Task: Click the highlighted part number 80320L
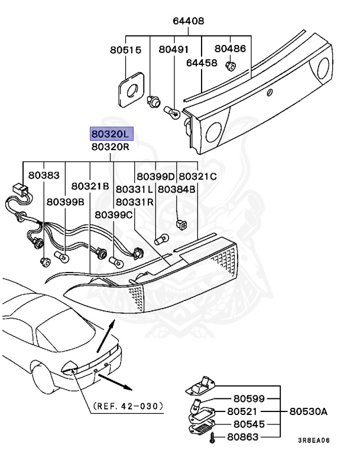tap(111, 134)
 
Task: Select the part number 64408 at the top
tap(189, 21)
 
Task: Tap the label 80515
tap(125, 51)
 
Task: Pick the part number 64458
tap(202, 61)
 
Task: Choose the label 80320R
tap(110, 146)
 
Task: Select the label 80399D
tap(156, 176)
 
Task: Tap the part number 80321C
tap(198, 176)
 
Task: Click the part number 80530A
tap(307, 410)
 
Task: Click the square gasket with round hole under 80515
tap(131, 90)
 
